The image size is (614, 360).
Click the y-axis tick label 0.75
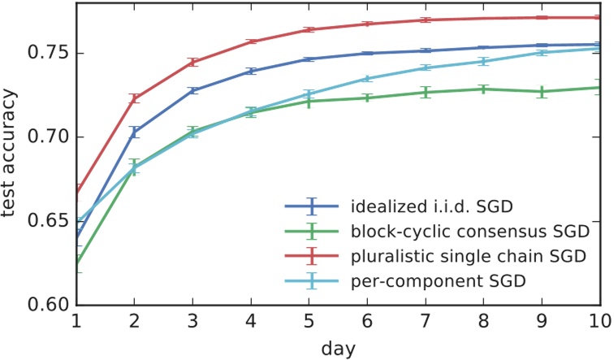tap(48, 54)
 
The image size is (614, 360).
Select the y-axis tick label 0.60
tap(48, 305)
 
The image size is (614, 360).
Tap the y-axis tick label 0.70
tap(48, 137)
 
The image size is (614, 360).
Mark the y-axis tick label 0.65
tap(48, 221)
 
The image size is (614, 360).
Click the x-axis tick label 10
tap(599, 320)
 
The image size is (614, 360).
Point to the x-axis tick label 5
tap(309, 320)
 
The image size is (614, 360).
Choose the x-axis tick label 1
tap(76, 320)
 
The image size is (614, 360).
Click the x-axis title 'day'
tap(337, 347)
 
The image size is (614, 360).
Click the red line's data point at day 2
tap(135, 98)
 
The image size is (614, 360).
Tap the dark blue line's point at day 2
tap(135, 132)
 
